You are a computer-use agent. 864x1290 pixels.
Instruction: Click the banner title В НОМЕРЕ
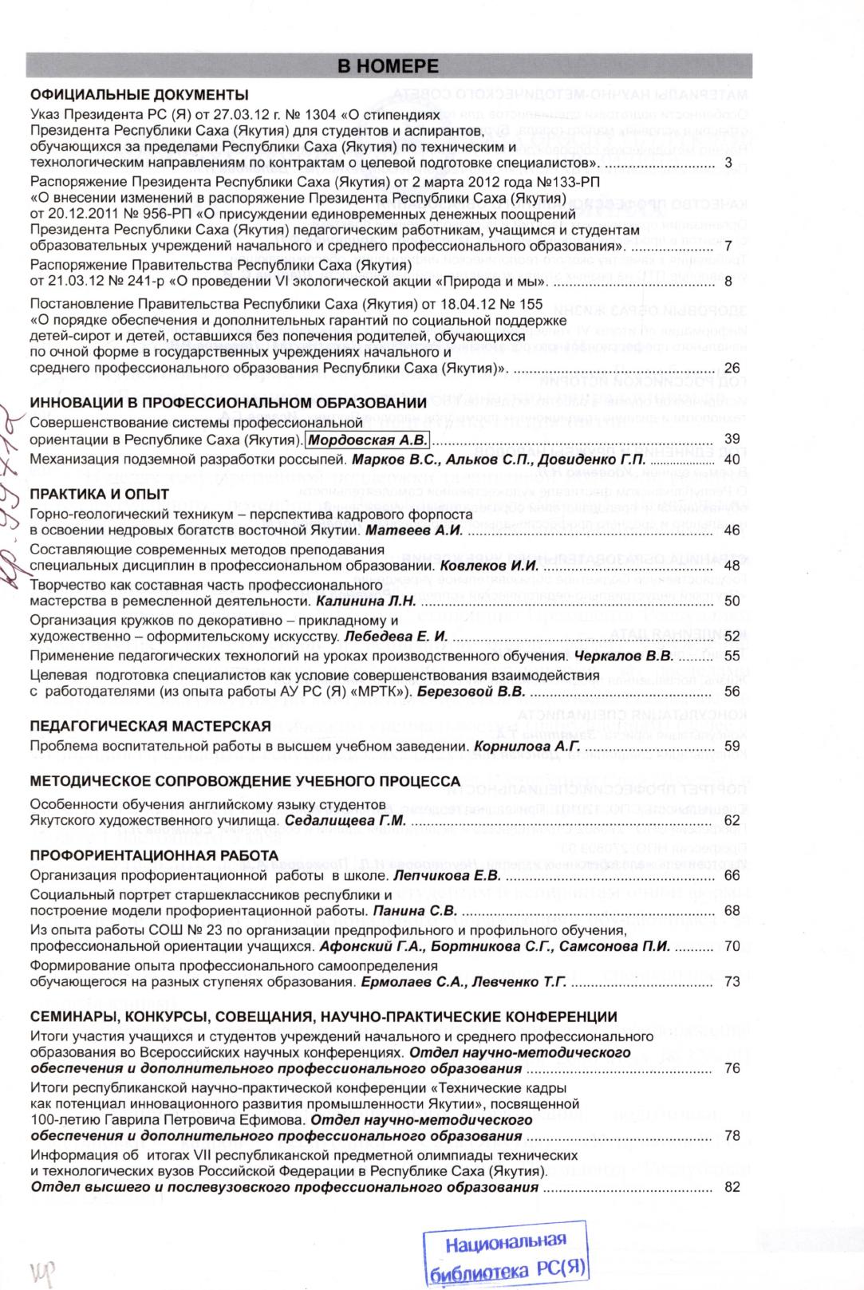click(389, 65)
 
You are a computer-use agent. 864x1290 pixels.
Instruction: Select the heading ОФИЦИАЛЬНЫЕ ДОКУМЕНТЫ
click(139, 94)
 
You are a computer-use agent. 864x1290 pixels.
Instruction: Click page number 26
click(732, 368)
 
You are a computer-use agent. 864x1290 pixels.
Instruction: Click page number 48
click(732, 566)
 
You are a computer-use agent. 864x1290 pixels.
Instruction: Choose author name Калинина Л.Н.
click(366, 601)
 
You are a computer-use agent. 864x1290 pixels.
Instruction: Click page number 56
click(732, 691)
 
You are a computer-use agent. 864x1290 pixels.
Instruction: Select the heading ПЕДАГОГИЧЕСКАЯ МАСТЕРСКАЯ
click(150, 726)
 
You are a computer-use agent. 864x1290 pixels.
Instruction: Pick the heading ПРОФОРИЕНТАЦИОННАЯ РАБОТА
click(154, 856)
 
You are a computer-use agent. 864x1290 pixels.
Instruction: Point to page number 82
click(732, 1187)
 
